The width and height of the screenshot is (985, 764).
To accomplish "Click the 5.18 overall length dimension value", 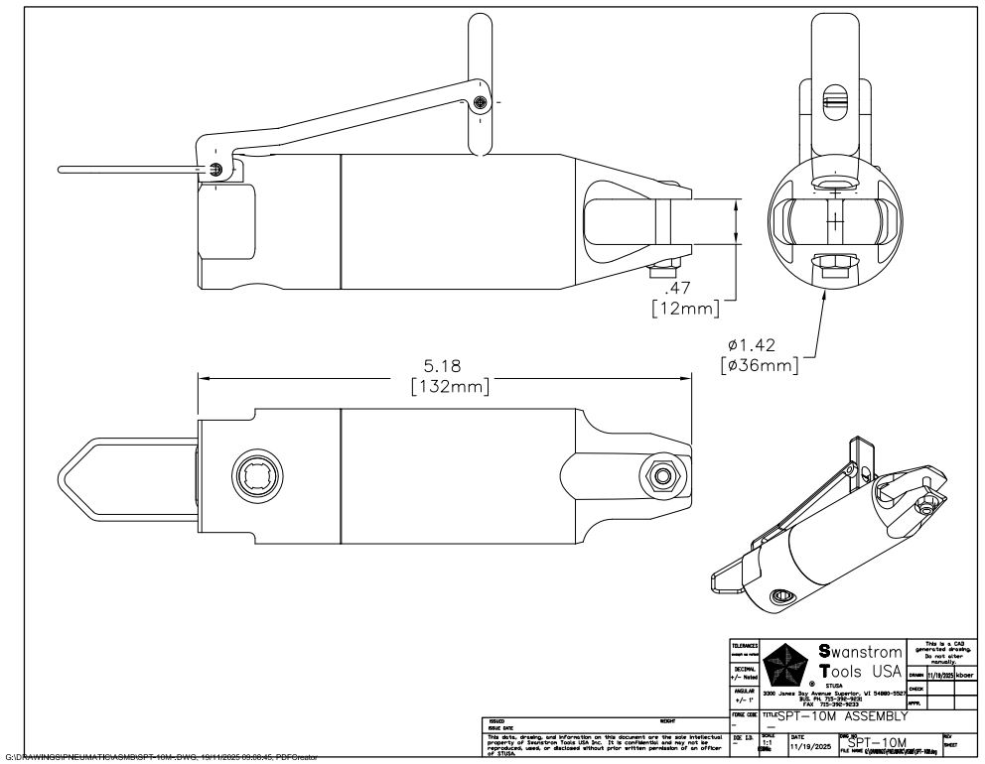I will point(442,366).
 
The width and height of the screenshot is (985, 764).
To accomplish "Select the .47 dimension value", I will point(679,287).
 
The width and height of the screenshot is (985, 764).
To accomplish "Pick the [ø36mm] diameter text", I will point(760,365).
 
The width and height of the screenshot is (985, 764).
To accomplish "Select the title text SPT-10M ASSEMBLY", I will point(843,715).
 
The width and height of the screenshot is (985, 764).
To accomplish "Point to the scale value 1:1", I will point(767,742).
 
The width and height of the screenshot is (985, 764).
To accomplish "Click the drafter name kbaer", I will point(965,675).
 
